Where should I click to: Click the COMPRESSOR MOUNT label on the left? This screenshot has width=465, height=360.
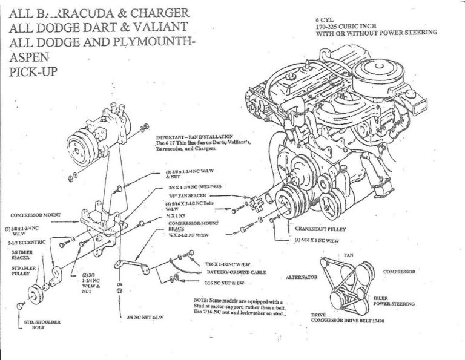pyautogui.click(x=35, y=215)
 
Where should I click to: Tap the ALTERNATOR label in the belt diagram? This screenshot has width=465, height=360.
pyautogui.click(x=302, y=277)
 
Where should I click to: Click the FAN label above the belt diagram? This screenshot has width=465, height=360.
pyautogui.click(x=349, y=255)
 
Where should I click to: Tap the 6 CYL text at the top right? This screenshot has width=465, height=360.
pyautogui.click(x=328, y=19)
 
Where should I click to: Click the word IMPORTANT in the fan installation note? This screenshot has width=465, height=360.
pyautogui.click(x=171, y=137)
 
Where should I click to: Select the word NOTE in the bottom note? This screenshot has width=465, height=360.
pyautogui.click(x=202, y=301)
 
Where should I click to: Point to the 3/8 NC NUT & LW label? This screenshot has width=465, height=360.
pyautogui.click(x=146, y=316)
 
